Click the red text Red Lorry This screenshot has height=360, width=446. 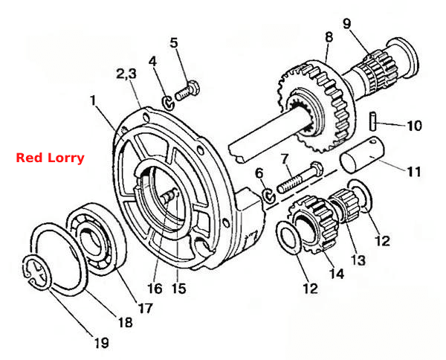click(50, 158)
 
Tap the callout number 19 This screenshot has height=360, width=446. click(102, 343)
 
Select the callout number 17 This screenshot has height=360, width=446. click(146, 308)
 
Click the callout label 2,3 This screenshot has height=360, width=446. click(126, 74)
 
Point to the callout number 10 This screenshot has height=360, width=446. click(415, 126)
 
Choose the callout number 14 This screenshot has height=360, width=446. click(337, 274)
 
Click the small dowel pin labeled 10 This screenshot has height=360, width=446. click(373, 121)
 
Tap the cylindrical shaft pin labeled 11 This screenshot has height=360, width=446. click(362, 155)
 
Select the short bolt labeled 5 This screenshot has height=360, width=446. click(187, 91)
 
